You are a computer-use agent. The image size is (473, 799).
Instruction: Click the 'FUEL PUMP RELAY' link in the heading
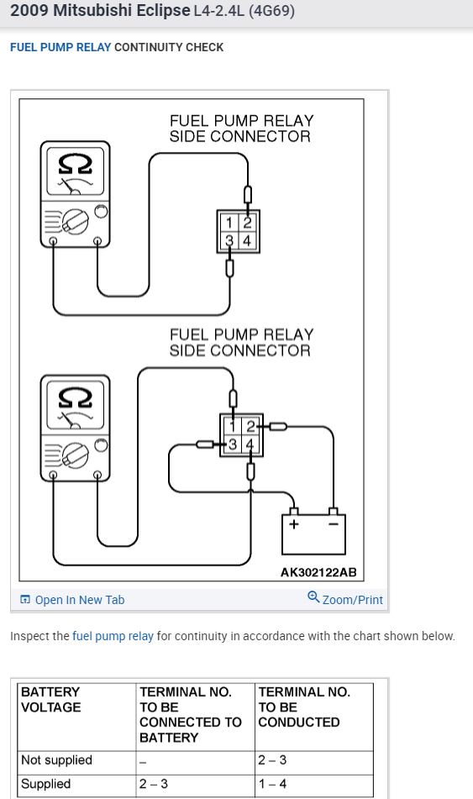[x=60, y=47]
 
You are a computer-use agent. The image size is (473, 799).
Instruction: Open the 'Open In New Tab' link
[x=72, y=600]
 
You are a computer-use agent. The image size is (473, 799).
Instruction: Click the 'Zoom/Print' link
[x=345, y=599]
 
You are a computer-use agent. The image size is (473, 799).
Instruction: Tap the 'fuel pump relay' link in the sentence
[x=113, y=636]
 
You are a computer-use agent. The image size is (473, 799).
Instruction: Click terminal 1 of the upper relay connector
[x=229, y=223]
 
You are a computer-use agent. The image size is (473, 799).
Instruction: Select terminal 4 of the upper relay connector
[x=247, y=240]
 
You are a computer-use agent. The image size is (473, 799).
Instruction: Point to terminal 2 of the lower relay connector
[x=250, y=426]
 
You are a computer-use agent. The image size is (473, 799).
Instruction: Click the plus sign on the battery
[x=293, y=523]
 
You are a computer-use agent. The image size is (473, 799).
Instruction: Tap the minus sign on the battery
[x=334, y=523]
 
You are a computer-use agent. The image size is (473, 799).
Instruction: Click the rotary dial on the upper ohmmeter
[x=76, y=222]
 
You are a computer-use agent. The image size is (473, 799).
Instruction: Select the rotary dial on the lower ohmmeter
[x=76, y=455]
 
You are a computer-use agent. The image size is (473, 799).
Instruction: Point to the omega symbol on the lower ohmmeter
[x=76, y=397]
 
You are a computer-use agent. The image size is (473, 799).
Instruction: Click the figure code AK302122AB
[x=318, y=572]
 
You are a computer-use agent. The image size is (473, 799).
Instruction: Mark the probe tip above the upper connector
[x=248, y=195]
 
